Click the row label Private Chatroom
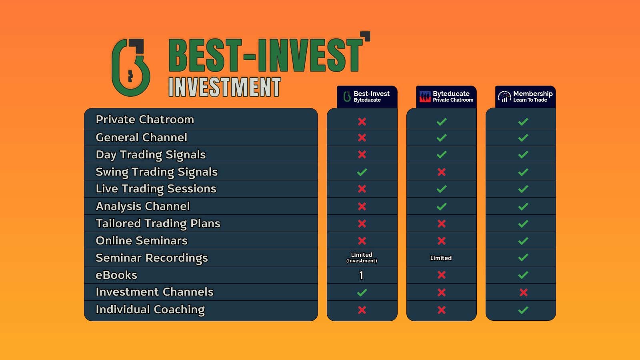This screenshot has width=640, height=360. click(x=145, y=120)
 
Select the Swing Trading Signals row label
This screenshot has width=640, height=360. click(x=156, y=172)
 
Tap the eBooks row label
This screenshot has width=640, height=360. click(x=116, y=275)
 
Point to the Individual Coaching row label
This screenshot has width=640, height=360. click(x=150, y=310)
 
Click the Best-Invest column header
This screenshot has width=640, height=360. click(x=367, y=96)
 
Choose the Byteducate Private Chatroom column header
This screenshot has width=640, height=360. click(x=446, y=96)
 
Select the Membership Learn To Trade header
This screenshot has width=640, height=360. click(x=526, y=96)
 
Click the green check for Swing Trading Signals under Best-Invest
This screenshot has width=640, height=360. click(x=362, y=172)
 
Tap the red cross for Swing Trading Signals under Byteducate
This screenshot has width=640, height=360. click(x=442, y=172)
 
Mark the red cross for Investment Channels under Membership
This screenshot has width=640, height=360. click(x=524, y=292)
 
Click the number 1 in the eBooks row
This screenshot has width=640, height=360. click(x=362, y=275)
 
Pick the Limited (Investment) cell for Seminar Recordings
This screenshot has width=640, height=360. click(x=362, y=258)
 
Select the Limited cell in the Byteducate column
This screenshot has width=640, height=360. click(x=441, y=258)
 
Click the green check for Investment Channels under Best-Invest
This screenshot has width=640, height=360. click(x=362, y=292)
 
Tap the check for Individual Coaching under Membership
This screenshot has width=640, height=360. click(x=523, y=310)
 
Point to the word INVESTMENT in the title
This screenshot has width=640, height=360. click(x=224, y=87)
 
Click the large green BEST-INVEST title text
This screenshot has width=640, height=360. click(x=266, y=55)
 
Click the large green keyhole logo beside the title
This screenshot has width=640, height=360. click(x=131, y=68)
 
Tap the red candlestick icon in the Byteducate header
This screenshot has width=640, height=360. click(x=425, y=96)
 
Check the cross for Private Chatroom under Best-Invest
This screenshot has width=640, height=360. click(x=362, y=122)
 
